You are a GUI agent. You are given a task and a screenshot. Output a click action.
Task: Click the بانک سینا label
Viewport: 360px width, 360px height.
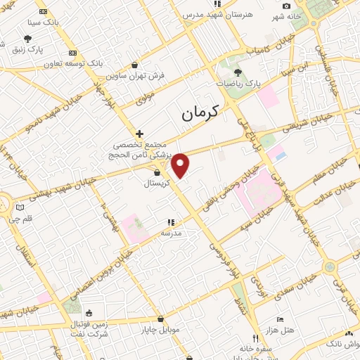pos(44,22)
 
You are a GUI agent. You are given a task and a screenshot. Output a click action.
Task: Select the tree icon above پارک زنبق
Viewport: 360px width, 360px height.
pos(27,39)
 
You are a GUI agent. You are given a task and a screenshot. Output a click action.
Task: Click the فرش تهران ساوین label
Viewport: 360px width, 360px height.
pos(136,75)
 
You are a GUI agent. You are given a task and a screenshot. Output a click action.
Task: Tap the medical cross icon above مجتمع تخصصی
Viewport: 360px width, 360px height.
pos(140,134)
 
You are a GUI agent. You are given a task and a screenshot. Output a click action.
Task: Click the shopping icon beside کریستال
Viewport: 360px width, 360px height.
pos(157,172)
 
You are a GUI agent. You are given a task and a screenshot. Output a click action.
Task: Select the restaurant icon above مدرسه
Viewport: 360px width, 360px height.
pos(170,222)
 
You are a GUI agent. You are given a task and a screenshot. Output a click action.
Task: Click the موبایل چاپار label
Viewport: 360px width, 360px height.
pos(160,330)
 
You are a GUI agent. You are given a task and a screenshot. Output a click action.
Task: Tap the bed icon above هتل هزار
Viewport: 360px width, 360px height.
pos(280,319)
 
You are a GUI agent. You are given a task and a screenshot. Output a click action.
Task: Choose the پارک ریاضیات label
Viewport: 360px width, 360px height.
pos(238,83)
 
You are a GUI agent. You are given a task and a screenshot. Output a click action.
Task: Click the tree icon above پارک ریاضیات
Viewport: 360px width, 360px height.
pos(238,72)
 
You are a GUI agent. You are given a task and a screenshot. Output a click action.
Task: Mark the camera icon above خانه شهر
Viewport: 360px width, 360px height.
pos(286,6)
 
